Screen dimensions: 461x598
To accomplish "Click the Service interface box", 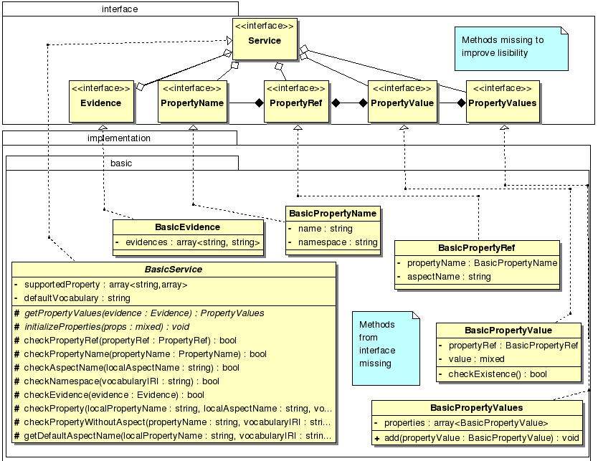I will [265, 40].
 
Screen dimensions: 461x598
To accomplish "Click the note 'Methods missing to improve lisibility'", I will [510, 47].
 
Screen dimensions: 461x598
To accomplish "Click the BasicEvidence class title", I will [187, 227].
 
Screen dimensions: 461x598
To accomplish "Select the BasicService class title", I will [174, 270].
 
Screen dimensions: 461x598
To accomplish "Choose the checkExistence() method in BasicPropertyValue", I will [498, 374].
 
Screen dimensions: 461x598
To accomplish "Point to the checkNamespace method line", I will [121, 381].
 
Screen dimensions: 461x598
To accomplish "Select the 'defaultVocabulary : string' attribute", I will [77, 298].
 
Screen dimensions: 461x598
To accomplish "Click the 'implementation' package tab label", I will [119, 138].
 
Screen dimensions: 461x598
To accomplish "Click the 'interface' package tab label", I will [120, 9].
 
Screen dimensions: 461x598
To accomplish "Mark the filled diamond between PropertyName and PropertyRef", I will [260, 103].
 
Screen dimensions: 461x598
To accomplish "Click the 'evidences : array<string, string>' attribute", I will [193, 242].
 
